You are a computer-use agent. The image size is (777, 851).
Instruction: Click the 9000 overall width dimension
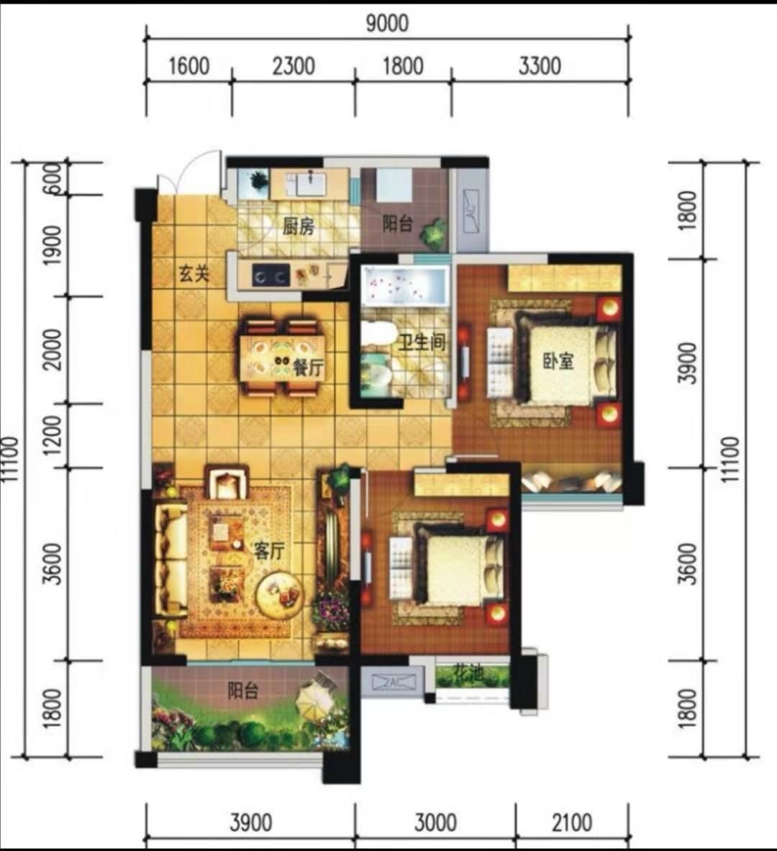click(386, 23)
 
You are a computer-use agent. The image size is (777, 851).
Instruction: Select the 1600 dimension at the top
click(189, 66)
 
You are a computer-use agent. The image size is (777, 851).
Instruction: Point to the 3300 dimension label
click(539, 66)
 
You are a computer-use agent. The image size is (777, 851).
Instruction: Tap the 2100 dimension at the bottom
click(572, 823)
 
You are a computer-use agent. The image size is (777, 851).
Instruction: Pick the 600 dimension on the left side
click(53, 178)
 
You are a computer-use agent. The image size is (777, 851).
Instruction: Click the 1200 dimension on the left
click(53, 436)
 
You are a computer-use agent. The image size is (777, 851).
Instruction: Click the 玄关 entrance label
click(194, 273)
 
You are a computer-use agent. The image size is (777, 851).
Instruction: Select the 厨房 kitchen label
click(298, 227)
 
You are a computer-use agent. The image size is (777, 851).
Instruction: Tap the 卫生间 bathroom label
click(422, 342)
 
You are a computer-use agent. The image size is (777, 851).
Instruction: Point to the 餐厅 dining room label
click(309, 368)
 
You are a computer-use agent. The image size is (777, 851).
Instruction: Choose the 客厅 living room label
click(269, 551)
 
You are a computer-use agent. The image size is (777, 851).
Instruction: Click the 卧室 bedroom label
click(558, 361)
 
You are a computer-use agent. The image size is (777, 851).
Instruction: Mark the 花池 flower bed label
click(468, 674)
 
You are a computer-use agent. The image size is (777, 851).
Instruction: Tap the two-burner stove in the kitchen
click(270, 276)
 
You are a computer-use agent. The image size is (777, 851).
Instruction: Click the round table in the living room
click(279, 595)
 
